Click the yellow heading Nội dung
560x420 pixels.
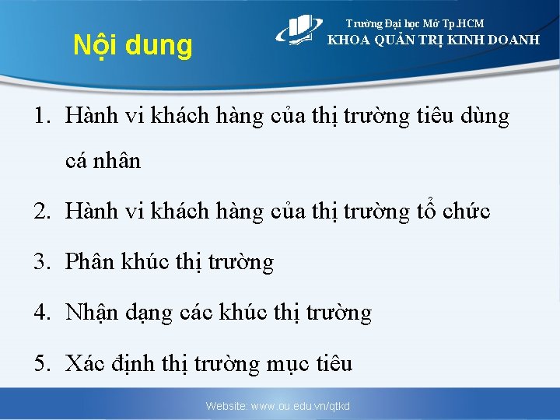click(132, 46)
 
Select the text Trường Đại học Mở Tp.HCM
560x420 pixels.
click(415, 24)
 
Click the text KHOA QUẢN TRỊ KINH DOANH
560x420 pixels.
click(433, 40)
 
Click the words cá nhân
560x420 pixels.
click(103, 161)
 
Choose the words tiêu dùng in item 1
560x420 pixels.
click(464, 117)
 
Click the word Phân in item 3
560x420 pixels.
click(90, 262)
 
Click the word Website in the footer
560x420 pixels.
click(225, 406)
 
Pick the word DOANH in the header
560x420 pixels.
click(509, 40)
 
